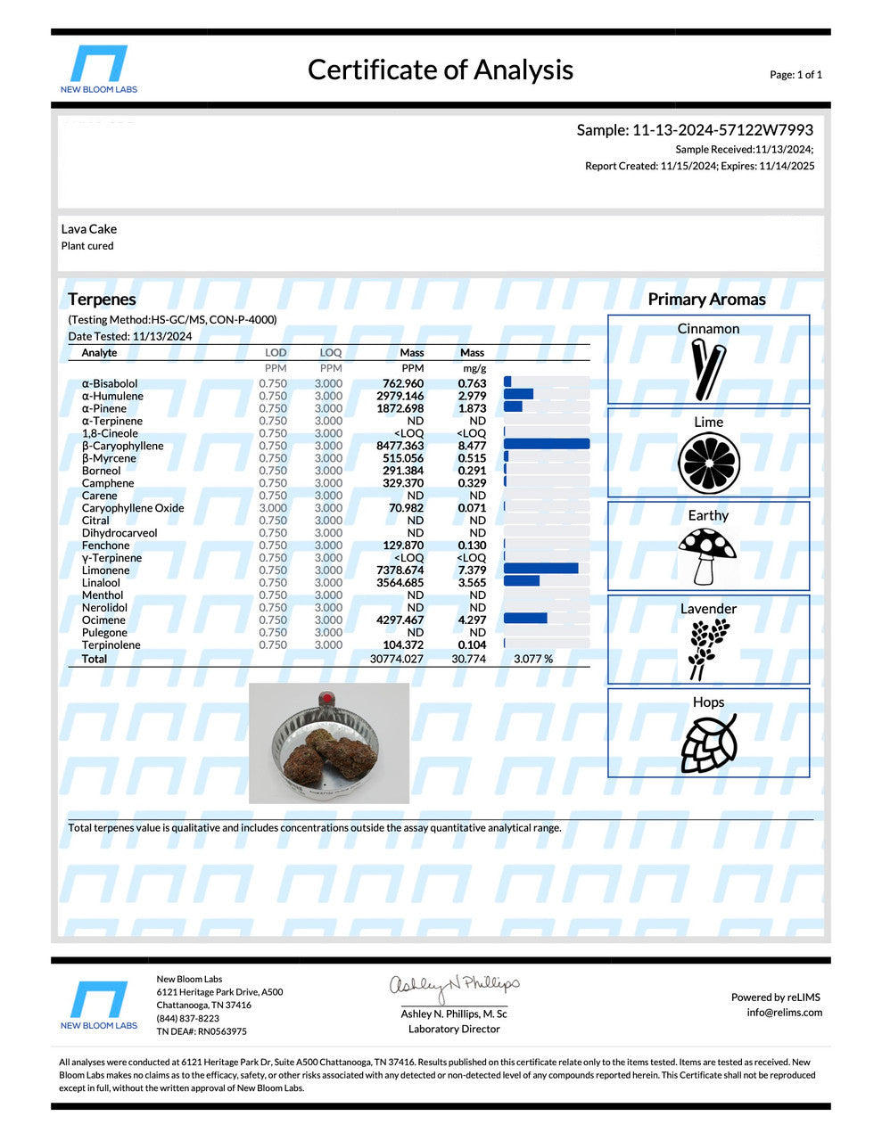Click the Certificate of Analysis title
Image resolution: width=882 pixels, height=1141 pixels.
(x=440, y=70)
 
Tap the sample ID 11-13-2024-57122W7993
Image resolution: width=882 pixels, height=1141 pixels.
(x=695, y=130)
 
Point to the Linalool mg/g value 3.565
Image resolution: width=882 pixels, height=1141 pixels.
(x=472, y=583)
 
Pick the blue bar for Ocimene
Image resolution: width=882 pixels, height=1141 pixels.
(x=525, y=619)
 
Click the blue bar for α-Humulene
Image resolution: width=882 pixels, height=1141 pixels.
(x=518, y=394)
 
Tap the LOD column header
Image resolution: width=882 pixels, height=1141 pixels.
(x=276, y=353)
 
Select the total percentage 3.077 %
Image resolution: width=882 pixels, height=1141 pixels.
(x=533, y=659)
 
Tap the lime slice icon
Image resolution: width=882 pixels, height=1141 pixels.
(x=708, y=463)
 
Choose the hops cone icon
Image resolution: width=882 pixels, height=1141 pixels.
(x=708, y=743)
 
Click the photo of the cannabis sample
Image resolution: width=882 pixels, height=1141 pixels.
(x=329, y=743)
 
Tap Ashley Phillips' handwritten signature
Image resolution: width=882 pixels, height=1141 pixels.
(x=454, y=986)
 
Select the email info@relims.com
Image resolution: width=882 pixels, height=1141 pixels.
(x=785, y=1013)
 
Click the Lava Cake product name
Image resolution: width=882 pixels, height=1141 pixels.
(x=89, y=229)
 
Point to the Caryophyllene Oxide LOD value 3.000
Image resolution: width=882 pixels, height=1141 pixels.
(x=273, y=508)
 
